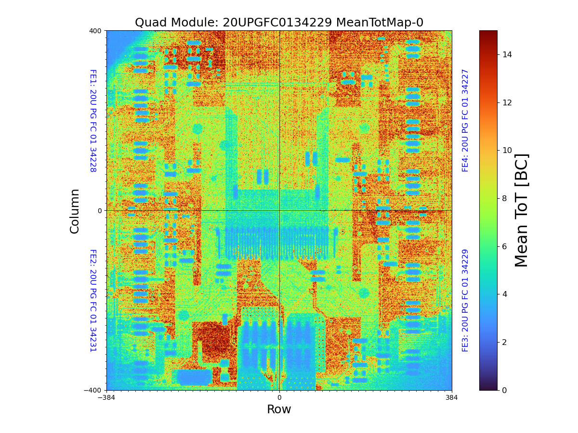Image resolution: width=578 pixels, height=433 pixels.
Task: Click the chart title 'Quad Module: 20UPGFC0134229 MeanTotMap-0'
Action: tap(279, 23)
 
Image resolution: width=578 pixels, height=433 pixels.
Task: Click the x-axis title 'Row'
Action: tap(279, 409)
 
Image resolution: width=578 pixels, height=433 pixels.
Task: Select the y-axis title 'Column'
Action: tap(75, 211)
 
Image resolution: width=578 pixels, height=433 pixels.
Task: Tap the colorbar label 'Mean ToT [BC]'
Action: tap(521, 210)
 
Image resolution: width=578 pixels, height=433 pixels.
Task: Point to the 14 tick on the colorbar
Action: tap(507, 55)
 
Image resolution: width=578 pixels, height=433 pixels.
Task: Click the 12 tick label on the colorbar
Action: tap(507, 102)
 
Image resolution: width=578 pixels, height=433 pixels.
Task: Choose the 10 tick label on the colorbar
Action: tap(507, 151)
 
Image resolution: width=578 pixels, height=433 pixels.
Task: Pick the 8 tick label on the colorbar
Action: tap(504, 198)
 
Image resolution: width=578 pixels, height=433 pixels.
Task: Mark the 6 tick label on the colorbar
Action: tap(504, 246)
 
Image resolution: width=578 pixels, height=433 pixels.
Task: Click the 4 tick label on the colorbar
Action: tap(504, 294)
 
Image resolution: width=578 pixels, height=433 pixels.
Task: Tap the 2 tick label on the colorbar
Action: tap(504, 342)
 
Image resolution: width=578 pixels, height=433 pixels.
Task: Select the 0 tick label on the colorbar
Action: tap(504, 390)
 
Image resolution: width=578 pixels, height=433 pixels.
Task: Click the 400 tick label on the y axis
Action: tap(95, 31)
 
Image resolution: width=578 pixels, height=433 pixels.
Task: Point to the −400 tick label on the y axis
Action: tap(93, 390)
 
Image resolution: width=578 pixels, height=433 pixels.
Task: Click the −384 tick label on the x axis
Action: tap(106, 398)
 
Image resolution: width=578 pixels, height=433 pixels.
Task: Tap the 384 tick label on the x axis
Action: tap(452, 398)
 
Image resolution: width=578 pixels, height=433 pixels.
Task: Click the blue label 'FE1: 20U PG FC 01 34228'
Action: tap(93, 121)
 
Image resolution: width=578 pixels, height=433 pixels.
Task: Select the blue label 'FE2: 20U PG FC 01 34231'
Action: tap(93, 300)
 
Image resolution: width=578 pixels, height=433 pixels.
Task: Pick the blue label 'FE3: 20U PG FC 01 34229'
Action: tap(465, 300)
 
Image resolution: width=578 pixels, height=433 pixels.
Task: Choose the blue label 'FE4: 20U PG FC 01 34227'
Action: tap(465, 121)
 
